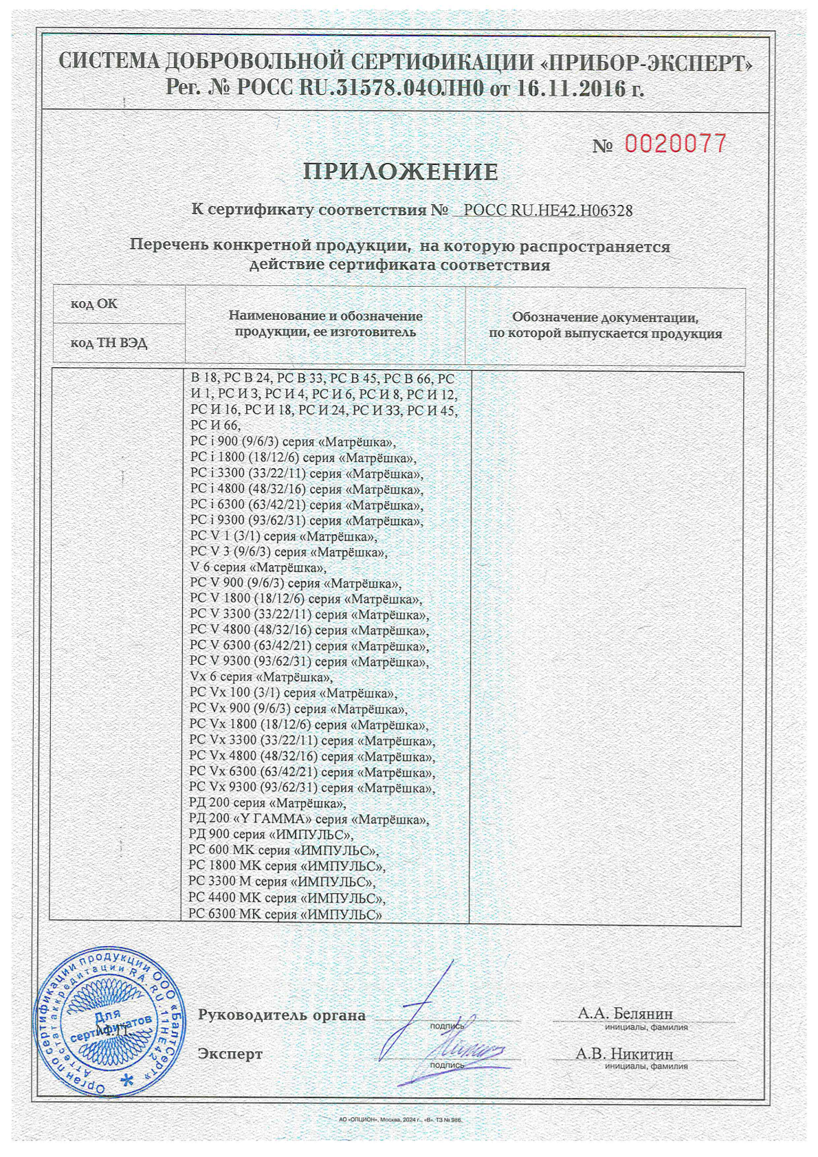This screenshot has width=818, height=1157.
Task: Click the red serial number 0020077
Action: click(675, 144)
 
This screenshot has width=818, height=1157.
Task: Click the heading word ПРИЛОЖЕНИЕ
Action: click(401, 172)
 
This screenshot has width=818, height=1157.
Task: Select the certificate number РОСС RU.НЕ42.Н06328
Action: click(548, 210)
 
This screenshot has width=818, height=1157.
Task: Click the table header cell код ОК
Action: click(94, 304)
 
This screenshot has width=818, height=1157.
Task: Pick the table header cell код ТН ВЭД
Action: click(109, 342)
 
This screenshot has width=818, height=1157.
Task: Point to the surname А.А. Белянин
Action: click(625, 1013)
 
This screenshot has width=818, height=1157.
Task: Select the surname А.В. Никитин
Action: click(624, 1054)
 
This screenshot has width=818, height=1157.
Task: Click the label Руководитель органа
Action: click(282, 1015)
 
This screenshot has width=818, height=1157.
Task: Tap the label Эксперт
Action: click(230, 1054)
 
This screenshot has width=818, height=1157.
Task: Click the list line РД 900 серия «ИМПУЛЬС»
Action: click(271, 835)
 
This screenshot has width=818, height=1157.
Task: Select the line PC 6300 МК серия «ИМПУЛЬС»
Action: click(285, 914)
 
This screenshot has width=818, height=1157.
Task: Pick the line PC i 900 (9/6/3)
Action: click(293, 442)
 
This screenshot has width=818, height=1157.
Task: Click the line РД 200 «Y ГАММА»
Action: click(309, 819)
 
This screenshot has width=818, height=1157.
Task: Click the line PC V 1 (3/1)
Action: click(283, 536)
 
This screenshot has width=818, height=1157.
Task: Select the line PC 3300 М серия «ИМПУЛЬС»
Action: click(282, 882)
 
